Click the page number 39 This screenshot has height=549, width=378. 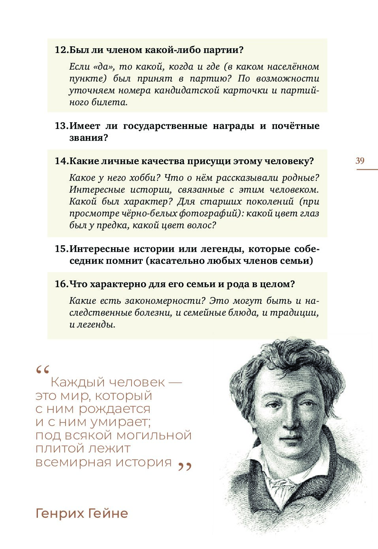[360, 161]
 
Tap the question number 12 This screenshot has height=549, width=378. [61, 50]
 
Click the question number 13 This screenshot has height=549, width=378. [61, 126]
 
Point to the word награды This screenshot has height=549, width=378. [233, 126]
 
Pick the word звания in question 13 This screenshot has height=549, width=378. [87, 138]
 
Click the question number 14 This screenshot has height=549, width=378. [61, 161]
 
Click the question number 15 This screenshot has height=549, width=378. [61, 249]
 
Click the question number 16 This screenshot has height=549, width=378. [61, 284]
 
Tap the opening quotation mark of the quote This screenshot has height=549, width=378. [42, 370]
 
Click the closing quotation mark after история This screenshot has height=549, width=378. [184, 467]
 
